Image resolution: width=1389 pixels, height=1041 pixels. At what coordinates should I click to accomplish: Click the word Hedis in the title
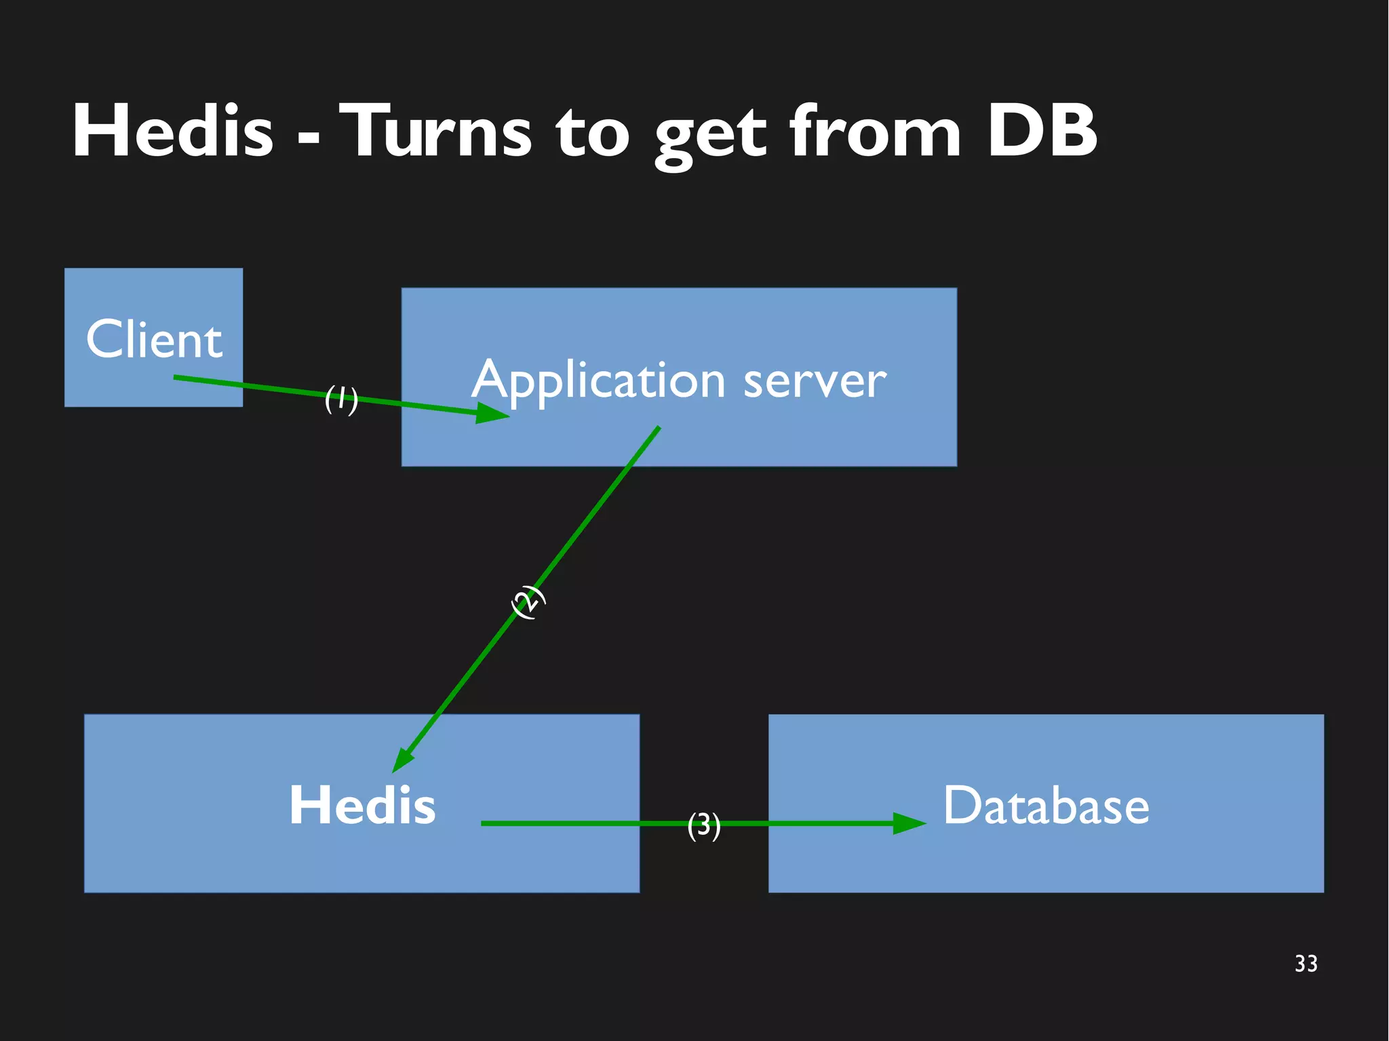(x=173, y=131)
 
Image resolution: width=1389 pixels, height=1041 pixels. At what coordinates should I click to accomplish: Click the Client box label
(x=154, y=339)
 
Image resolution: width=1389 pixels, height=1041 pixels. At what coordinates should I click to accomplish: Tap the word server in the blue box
(x=815, y=381)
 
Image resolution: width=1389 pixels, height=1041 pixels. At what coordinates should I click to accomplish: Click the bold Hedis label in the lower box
(x=362, y=805)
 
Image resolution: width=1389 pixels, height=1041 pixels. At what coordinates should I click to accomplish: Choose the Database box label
(x=1046, y=805)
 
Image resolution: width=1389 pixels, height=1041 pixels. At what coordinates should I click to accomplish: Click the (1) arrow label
(x=341, y=399)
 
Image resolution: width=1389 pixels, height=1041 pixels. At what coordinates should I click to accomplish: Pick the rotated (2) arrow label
(x=528, y=601)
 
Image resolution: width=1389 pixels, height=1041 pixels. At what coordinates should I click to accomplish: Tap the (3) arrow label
(x=703, y=825)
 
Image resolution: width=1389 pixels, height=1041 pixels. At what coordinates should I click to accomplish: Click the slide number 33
(x=1306, y=963)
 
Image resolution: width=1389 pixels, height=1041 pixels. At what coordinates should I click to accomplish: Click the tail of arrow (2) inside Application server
(x=657, y=429)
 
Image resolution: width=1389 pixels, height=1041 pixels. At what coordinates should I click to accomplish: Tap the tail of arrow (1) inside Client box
(x=176, y=377)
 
